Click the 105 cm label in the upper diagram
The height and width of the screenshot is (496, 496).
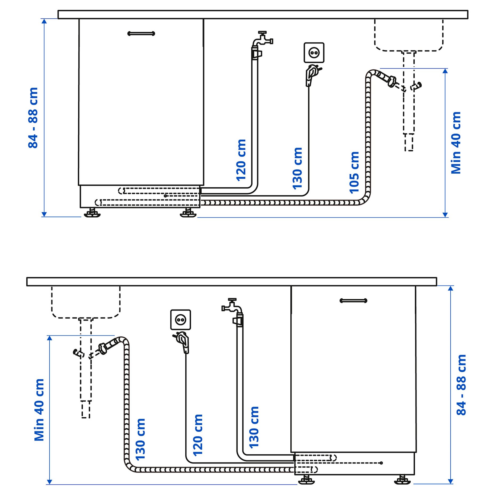pos(354,172)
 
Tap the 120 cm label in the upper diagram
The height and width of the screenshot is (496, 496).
pos(241,160)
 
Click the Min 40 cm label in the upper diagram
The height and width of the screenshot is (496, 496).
pos(456,143)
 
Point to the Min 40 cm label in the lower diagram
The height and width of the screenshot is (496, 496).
pos(39,410)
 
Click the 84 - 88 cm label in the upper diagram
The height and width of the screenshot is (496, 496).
pos(33,118)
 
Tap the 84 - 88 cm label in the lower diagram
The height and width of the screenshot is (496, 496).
pos(461,385)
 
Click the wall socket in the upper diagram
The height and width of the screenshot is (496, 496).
pos(314,53)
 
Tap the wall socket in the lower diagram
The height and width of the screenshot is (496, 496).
pos(181,319)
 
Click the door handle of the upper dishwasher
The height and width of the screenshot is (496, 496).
pos(141,33)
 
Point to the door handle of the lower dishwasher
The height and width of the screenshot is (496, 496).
pos(353,301)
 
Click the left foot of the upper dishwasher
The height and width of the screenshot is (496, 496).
pos(92,213)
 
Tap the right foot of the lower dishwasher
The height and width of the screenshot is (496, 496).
pos(402,480)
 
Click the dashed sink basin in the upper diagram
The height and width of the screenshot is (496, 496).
pos(409,35)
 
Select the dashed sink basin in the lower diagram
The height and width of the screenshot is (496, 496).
pos(86,302)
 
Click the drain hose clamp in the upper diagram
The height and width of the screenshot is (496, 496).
pos(391,81)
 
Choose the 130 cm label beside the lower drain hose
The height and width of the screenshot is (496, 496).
pos(140,439)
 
